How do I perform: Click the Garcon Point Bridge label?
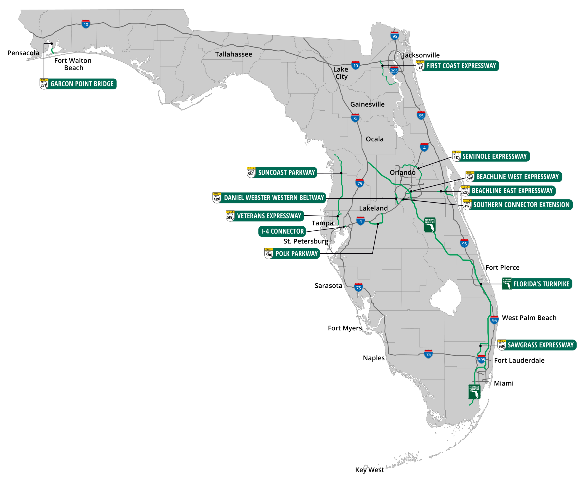pos(82,84)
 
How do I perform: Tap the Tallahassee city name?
pos(234,54)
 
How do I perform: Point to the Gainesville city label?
pos(367,104)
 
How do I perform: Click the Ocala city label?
pos(374,139)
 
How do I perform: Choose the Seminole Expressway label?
pos(494,156)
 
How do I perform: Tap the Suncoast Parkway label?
pos(286,172)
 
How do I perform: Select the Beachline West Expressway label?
pos(517,177)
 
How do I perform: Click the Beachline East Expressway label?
pos(512,191)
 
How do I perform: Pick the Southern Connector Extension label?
pos(521,205)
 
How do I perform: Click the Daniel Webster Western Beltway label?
pos(274,198)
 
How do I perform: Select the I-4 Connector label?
pos(282,231)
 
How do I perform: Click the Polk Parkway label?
pos(296,254)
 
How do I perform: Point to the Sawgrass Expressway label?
pos(540,345)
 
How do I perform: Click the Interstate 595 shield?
pos(481,359)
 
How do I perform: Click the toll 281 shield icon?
pos(44,84)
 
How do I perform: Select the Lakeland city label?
pos(373,208)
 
